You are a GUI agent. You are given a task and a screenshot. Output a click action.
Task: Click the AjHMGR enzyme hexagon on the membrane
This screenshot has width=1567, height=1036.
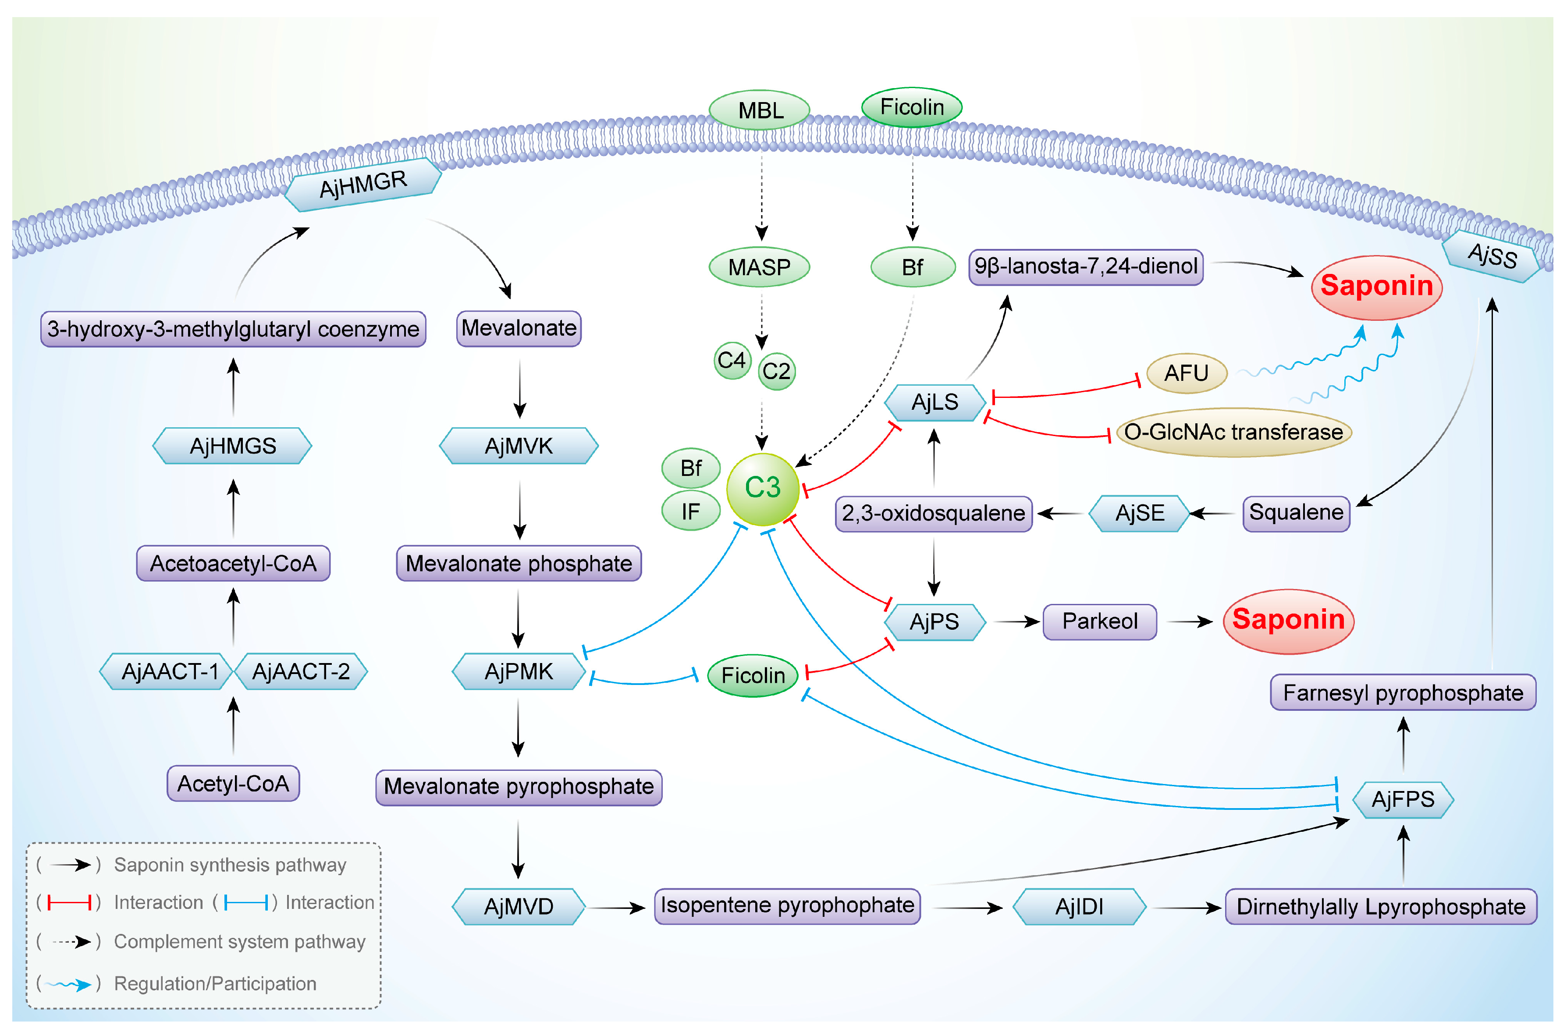(363, 184)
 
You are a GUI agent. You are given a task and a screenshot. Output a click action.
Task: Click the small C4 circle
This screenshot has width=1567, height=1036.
(732, 361)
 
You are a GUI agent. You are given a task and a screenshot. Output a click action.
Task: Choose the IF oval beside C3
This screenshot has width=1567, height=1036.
(691, 511)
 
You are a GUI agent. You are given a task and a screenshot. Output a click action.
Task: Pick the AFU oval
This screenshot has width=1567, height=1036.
(1187, 373)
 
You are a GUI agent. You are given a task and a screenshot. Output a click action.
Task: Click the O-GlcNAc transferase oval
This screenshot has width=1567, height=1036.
(1233, 432)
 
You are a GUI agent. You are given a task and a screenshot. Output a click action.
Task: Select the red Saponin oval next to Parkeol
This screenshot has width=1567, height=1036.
(1288, 621)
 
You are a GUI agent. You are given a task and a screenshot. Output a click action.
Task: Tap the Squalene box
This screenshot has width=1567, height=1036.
(1296, 513)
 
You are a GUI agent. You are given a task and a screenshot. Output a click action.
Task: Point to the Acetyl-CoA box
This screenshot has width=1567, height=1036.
(233, 784)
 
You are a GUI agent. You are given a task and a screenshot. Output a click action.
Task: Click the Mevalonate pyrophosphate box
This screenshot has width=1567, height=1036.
(519, 787)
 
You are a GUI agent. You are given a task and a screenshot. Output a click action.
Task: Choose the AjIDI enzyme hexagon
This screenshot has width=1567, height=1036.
(1079, 906)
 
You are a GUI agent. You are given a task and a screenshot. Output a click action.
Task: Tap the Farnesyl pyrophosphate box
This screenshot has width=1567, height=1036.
(1403, 692)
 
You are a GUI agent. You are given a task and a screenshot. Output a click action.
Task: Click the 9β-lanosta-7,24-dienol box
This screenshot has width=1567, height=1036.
(1086, 267)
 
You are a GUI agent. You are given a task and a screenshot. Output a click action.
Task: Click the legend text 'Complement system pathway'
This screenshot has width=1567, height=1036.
(239, 941)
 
